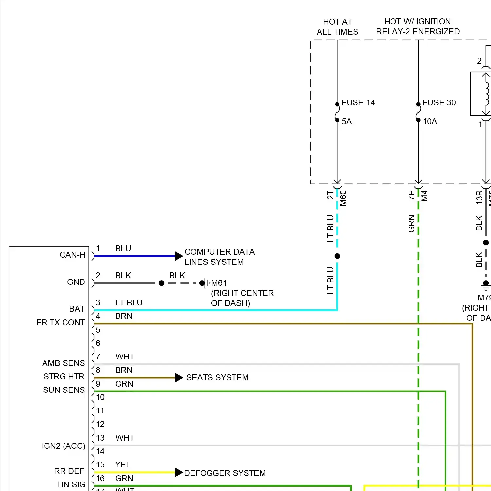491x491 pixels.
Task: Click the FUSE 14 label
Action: click(x=358, y=103)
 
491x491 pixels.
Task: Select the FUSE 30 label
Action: click(x=439, y=103)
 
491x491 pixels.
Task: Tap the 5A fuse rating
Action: click(x=347, y=122)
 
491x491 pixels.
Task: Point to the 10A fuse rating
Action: click(x=430, y=122)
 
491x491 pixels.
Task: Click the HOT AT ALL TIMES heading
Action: click(x=337, y=27)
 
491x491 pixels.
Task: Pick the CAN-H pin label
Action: click(x=72, y=255)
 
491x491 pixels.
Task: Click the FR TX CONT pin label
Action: click(x=61, y=323)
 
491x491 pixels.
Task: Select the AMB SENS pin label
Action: click(x=64, y=363)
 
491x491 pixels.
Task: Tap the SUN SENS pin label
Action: click(x=64, y=390)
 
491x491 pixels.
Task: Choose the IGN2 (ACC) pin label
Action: click(x=64, y=446)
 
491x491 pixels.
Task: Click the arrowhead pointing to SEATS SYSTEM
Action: click(x=179, y=378)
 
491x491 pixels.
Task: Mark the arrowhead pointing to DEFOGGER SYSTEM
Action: click(x=179, y=472)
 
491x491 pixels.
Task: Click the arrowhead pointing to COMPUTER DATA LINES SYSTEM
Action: click(x=179, y=256)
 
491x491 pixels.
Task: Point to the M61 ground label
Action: click(x=219, y=283)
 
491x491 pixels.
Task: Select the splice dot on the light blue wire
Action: click(x=337, y=256)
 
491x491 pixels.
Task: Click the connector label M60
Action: click(x=343, y=198)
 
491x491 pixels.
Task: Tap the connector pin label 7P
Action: click(x=411, y=195)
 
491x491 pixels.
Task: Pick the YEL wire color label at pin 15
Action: click(x=123, y=465)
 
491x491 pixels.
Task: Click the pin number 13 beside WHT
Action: click(x=100, y=438)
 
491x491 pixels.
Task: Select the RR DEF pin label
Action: click(x=69, y=471)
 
